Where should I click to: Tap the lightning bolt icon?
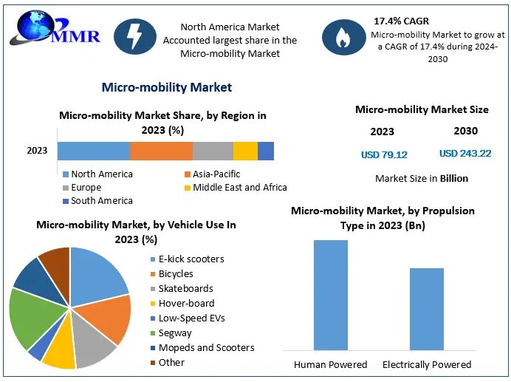[134, 36]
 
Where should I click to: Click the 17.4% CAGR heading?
[402, 21]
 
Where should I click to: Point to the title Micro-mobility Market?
[166, 87]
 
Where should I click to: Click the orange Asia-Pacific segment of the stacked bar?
[161, 151]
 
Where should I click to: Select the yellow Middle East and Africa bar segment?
[245, 151]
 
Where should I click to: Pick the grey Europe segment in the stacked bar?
[213, 151]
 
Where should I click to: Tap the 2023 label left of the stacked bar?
[37, 151]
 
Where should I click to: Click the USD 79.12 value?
[384, 154]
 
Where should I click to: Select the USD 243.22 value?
[464, 154]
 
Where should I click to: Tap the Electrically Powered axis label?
[426, 364]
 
